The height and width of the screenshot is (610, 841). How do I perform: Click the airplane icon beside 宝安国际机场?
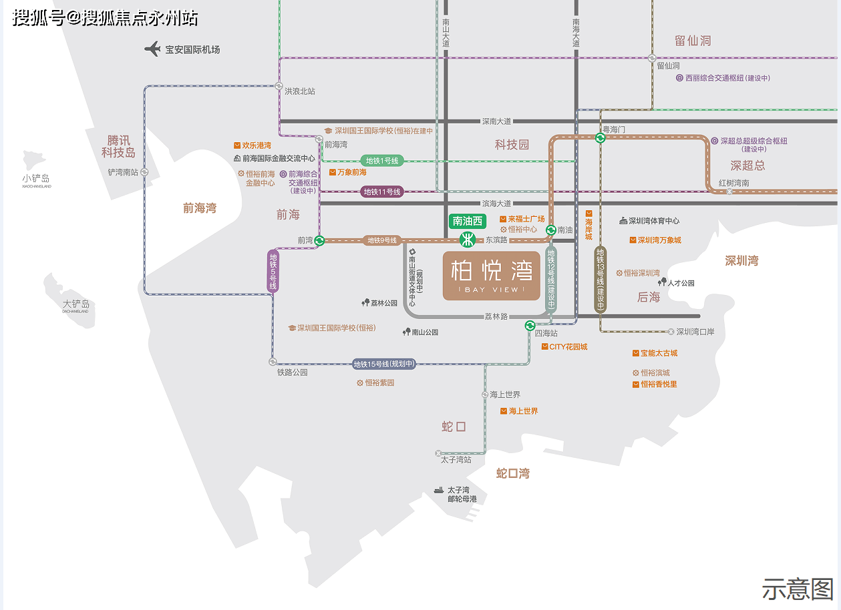pyautogui.click(x=153, y=49)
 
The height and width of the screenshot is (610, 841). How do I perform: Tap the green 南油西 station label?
pyautogui.click(x=468, y=221)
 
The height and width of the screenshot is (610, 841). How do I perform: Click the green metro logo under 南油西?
pyautogui.click(x=468, y=240)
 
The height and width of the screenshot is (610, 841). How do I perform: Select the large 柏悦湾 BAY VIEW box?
pyautogui.click(x=491, y=275)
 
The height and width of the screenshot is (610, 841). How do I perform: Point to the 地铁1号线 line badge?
pyautogui.click(x=381, y=161)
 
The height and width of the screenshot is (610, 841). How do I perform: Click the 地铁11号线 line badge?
pyautogui.click(x=382, y=192)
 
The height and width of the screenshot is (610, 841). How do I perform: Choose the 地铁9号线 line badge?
pyautogui.click(x=381, y=240)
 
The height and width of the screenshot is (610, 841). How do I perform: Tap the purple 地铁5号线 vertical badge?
pyautogui.click(x=273, y=271)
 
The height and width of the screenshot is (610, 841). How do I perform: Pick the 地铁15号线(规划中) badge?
pyautogui.click(x=384, y=364)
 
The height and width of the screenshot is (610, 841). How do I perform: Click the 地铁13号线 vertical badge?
pyautogui.click(x=601, y=279)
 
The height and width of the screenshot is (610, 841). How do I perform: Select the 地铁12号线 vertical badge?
pyautogui.click(x=551, y=278)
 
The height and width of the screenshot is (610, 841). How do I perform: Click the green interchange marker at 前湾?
pyautogui.click(x=319, y=240)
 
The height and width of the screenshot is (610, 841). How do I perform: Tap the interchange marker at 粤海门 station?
pyautogui.click(x=601, y=138)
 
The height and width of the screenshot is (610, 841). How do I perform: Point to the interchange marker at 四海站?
pyautogui.click(x=530, y=326)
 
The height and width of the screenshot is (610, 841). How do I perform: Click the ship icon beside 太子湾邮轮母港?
pyautogui.click(x=438, y=490)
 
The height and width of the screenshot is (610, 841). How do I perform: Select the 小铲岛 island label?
pyautogui.click(x=36, y=178)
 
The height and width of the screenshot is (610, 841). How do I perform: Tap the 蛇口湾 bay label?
pyautogui.click(x=513, y=473)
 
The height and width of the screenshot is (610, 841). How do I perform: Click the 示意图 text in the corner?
pyautogui.click(x=798, y=589)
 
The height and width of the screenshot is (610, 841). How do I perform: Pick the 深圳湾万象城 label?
pyautogui.click(x=659, y=240)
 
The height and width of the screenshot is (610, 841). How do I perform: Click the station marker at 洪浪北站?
pyautogui.click(x=279, y=85)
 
